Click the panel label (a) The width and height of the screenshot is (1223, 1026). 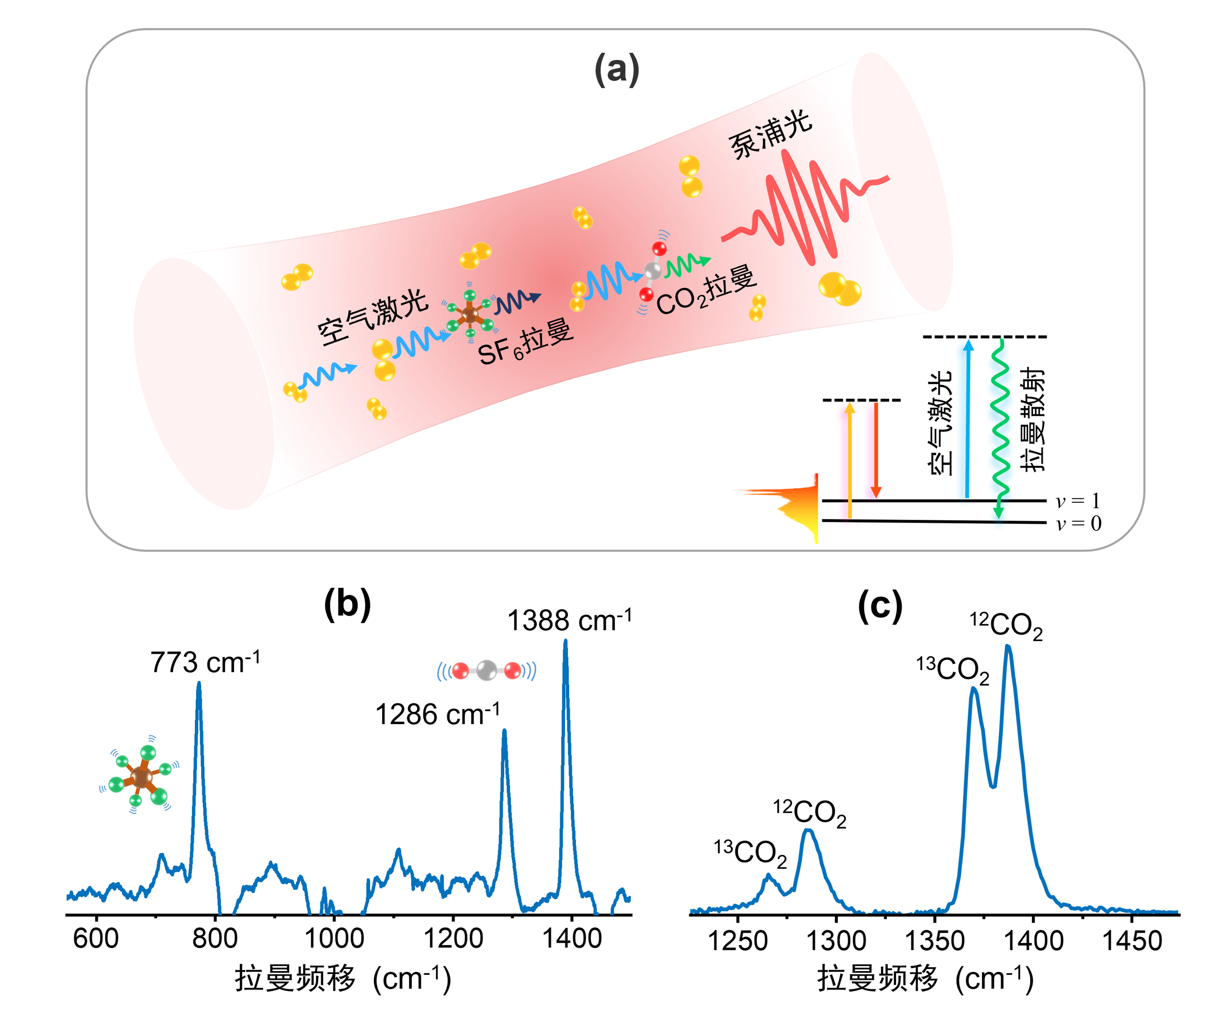[x=616, y=69]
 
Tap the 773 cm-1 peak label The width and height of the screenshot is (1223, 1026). [x=205, y=662]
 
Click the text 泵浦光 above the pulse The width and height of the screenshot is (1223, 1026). [x=770, y=134]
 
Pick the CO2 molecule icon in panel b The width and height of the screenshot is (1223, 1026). [x=486, y=671]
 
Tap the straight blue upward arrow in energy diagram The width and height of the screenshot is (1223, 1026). [x=967, y=419]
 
